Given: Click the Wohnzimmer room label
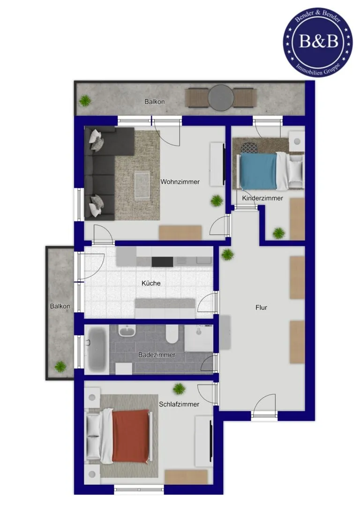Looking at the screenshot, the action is pyautogui.click(x=180, y=182).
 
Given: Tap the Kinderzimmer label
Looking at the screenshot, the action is pyautogui.click(x=262, y=198).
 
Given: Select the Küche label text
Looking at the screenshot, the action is pyautogui.click(x=151, y=283).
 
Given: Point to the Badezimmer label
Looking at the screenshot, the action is pyautogui.click(x=157, y=354).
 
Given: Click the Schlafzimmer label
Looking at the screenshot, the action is pyautogui.click(x=179, y=404).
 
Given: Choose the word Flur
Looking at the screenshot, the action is pyautogui.click(x=262, y=307).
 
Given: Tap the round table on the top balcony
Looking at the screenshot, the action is pyautogui.click(x=221, y=98).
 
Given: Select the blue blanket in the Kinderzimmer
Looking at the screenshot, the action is pyautogui.click(x=258, y=171).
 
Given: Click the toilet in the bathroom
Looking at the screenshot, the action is pyautogui.click(x=172, y=334).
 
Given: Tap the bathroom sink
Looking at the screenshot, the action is pyautogui.click(x=127, y=331).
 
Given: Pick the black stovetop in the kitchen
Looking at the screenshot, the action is pyautogui.click(x=162, y=262).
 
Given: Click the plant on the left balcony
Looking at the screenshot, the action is pyautogui.click(x=60, y=366).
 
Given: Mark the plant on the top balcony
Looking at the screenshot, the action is pyautogui.click(x=85, y=100).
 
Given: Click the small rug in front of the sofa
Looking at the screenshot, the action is pyautogui.click(x=142, y=186).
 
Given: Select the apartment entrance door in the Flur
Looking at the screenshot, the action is pyautogui.click(x=264, y=406).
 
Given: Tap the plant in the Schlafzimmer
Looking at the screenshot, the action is pyautogui.click(x=179, y=389).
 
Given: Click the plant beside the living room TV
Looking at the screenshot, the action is pyautogui.click(x=217, y=201).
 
